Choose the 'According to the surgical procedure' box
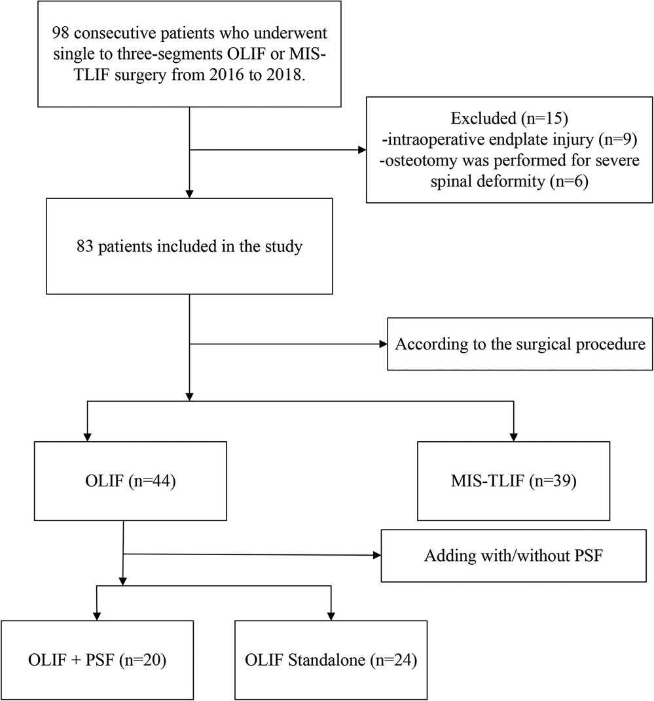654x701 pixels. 517,344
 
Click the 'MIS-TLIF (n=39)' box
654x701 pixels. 514,482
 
